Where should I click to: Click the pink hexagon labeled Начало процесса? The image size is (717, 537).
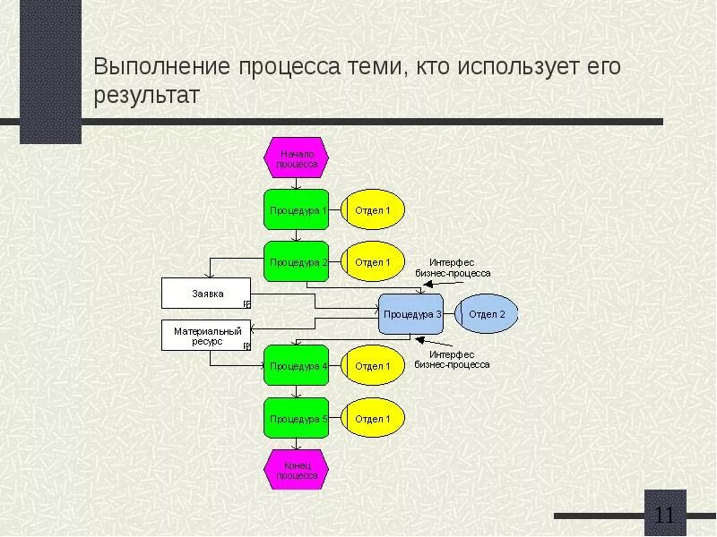297,158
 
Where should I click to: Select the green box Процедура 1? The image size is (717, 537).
297,210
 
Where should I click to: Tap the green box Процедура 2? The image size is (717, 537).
297,262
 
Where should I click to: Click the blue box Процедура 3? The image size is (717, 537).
411,314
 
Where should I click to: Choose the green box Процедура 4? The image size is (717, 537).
297,365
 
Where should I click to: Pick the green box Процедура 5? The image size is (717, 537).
297,418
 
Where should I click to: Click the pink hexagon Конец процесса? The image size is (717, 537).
297,471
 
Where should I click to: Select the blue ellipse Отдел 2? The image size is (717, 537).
487,314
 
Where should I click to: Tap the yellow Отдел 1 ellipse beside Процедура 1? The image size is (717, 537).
373,210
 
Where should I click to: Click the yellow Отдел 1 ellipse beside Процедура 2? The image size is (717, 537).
373,262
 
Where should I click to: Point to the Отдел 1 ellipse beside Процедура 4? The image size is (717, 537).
373,365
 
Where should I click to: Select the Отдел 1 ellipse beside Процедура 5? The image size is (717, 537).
373,418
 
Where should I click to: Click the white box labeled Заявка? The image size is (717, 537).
206,294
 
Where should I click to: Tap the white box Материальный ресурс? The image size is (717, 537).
206,336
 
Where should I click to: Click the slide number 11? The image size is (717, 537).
665,516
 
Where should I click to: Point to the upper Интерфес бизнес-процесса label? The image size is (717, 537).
453,267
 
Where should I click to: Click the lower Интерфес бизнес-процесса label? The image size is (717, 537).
453,359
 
